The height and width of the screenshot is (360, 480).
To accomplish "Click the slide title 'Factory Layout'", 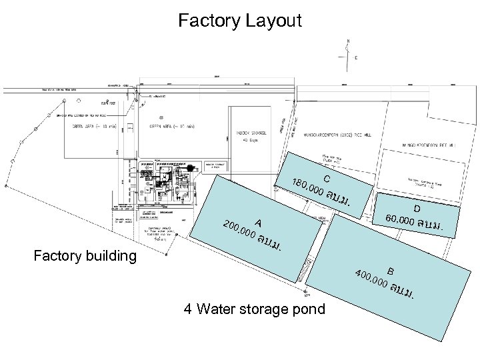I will (240, 21).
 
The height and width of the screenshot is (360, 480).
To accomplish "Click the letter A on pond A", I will (257, 223).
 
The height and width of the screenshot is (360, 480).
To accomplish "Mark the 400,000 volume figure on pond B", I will (372, 279).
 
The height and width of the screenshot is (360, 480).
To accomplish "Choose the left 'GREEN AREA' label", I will (94, 127).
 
